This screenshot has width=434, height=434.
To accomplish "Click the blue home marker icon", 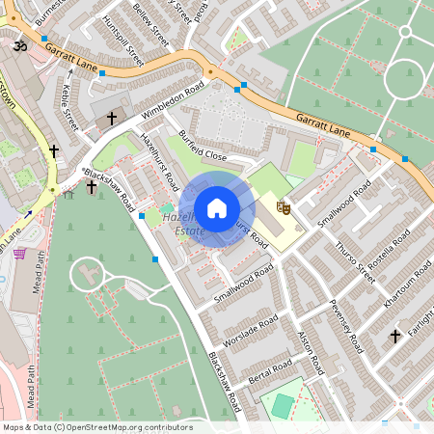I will [216, 207].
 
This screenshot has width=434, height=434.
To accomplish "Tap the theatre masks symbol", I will [284, 206].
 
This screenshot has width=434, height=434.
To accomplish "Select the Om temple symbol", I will [17, 46].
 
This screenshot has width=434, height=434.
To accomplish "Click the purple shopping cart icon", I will [20, 254].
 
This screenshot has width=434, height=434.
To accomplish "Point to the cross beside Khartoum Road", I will [394, 336].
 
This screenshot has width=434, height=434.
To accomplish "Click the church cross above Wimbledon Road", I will [111, 118].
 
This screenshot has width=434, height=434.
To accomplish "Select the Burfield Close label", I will [202, 145].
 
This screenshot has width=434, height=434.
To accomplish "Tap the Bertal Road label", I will [269, 370].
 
